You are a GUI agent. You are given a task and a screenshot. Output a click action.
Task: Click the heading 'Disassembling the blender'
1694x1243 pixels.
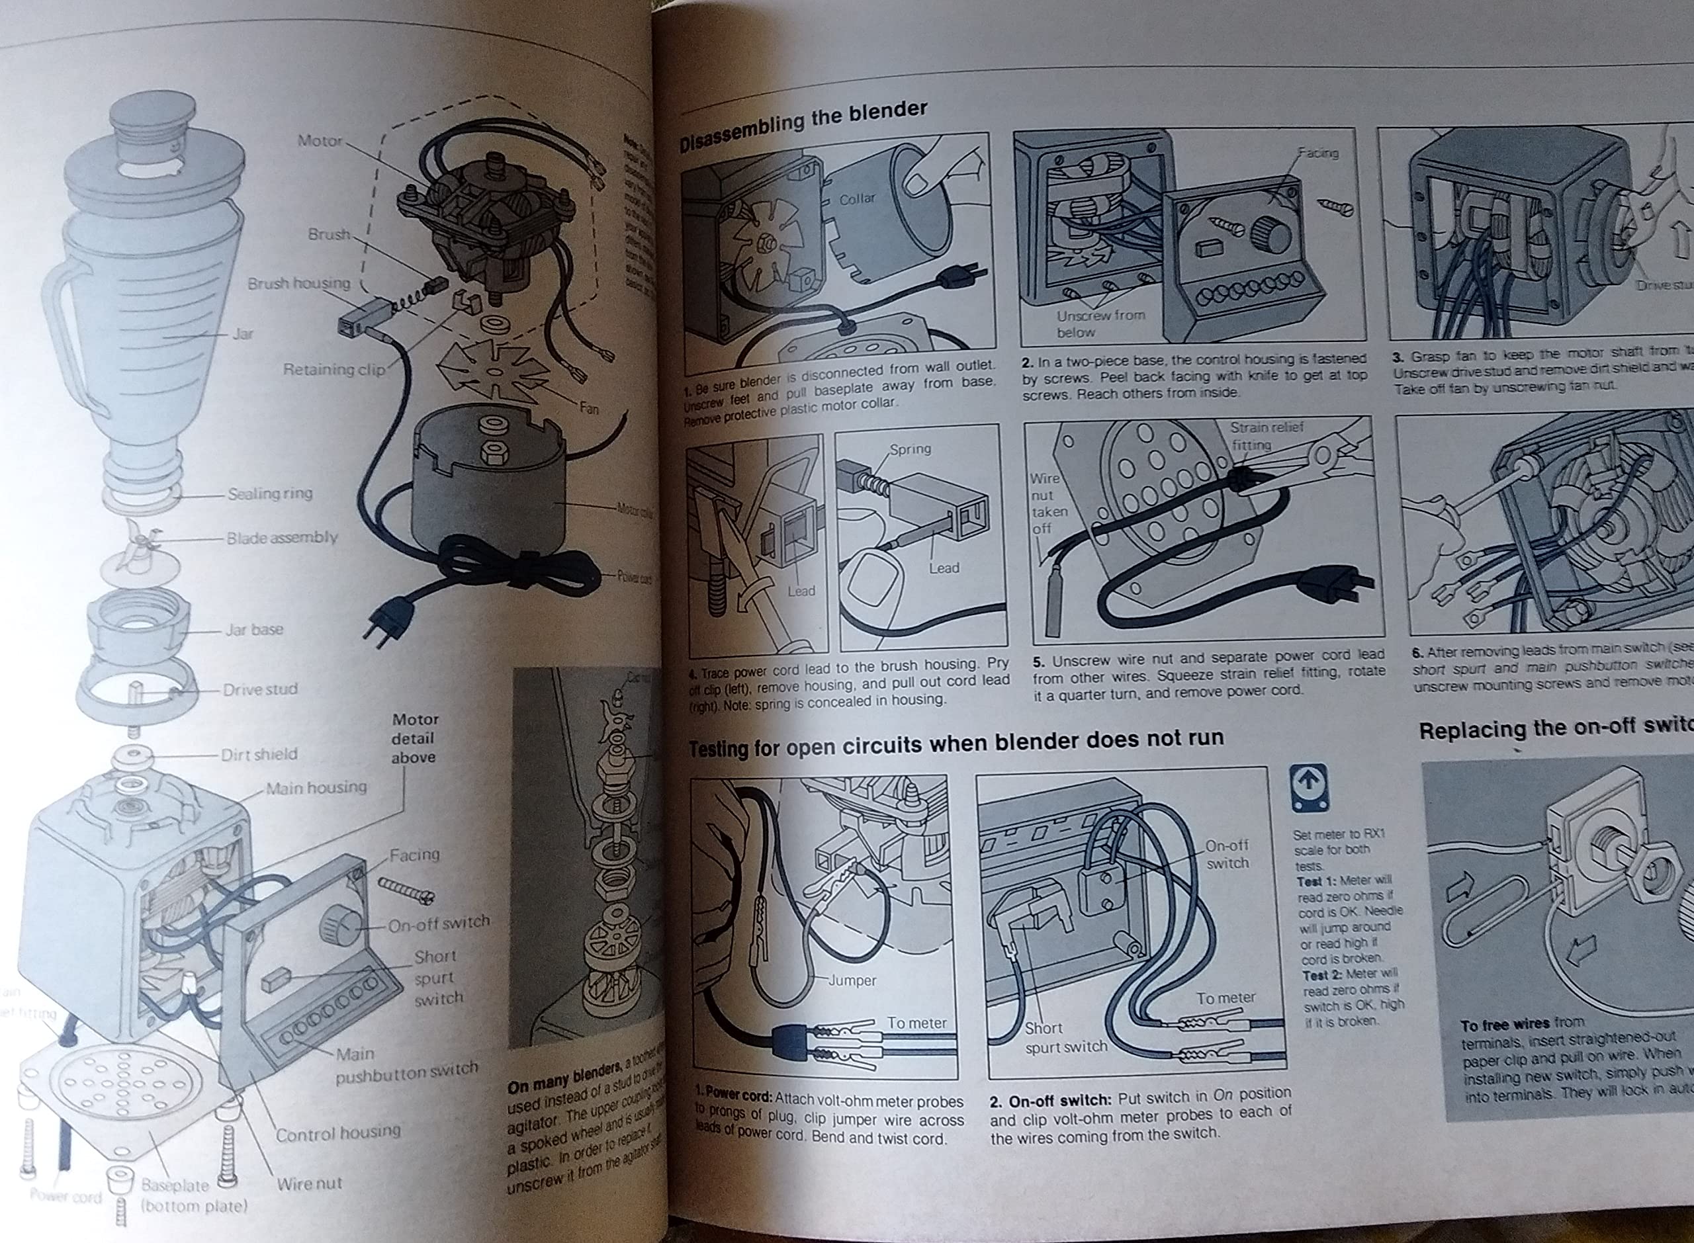(x=803, y=126)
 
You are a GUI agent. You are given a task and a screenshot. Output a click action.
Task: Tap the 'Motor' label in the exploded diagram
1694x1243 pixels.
(x=320, y=141)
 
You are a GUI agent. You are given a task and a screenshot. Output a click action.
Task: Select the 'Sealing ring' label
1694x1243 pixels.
(x=269, y=493)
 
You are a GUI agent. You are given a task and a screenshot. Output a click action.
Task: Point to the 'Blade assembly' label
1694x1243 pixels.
(x=282, y=537)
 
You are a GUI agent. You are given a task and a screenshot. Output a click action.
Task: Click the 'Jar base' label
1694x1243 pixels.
(x=254, y=629)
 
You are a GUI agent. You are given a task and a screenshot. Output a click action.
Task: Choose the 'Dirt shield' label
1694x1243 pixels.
(x=259, y=754)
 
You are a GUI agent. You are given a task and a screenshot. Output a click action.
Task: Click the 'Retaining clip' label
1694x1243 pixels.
(x=334, y=369)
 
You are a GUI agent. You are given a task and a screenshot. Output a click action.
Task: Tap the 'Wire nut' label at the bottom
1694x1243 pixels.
(x=308, y=1183)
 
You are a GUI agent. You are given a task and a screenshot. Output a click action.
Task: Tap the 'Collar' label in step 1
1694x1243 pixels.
(x=857, y=198)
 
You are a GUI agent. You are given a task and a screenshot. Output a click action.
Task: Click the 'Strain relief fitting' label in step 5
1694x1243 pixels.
(x=1266, y=436)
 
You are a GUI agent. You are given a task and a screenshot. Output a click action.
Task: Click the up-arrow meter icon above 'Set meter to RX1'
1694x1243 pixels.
(x=1309, y=788)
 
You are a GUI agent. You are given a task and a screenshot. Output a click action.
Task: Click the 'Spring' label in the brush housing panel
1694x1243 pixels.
(x=910, y=449)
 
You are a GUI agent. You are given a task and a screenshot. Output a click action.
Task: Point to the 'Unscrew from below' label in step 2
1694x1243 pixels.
(x=1100, y=323)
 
